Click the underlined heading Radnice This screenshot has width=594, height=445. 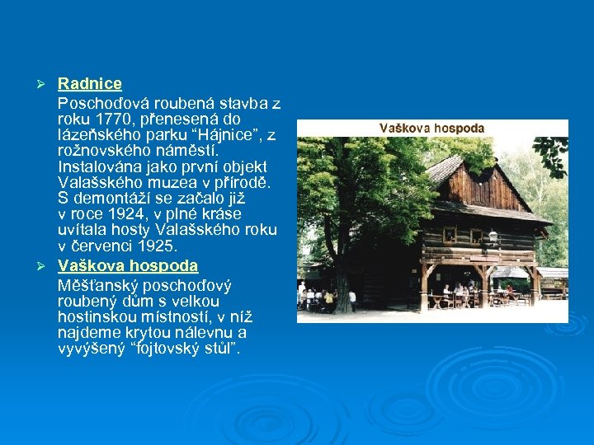[90, 83]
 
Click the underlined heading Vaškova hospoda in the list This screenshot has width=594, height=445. [128, 265]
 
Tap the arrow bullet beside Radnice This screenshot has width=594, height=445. [47, 84]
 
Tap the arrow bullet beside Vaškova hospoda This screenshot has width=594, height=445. [47, 266]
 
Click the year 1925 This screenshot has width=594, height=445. [158, 246]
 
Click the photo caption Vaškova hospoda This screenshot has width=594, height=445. [431, 129]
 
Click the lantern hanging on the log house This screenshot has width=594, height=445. [493, 237]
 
